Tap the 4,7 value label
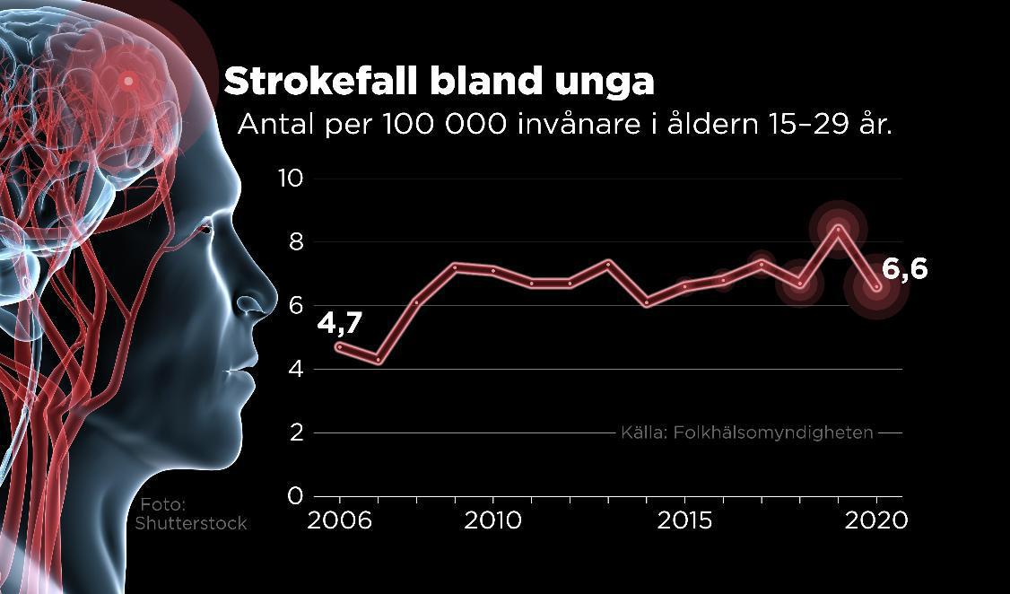(339, 321)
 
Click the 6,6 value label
(904, 268)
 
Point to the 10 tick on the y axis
(292, 179)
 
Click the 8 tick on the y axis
(297, 242)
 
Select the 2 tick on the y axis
(297, 433)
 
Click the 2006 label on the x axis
(339, 520)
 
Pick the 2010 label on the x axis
(492, 520)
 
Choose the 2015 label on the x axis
(685, 520)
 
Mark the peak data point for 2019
(838, 229)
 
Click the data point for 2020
(876, 287)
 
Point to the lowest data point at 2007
(379, 361)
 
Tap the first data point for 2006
(340, 347)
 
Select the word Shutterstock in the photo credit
(190, 523)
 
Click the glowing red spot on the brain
(128, 81)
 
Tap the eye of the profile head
(205, 231)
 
